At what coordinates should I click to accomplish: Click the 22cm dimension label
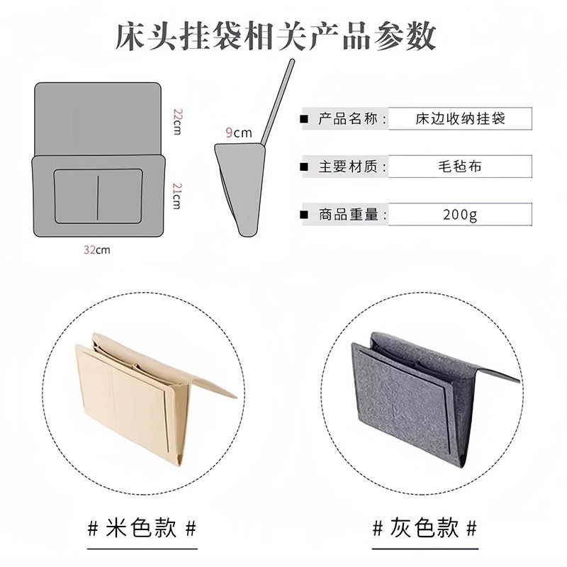click(176, 121)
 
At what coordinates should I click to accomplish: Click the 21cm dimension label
click(176, 196)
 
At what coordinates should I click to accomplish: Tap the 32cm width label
click(96, 250)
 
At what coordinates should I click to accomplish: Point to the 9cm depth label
click(239, 133)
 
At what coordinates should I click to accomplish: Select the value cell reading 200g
click(460, 215)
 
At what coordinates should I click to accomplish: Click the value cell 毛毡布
click(460, 167)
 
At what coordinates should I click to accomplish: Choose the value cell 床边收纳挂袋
click(460, 118)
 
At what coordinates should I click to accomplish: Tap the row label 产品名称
click(348, 118)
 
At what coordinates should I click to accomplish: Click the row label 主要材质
click(348, 167)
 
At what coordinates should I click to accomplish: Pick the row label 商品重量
click(348, 215)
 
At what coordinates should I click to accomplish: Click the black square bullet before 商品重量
click(305, 215)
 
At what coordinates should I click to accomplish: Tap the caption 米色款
click(141, 528)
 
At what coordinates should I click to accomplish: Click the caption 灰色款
click(424, 528)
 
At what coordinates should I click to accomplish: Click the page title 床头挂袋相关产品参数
click(276, 36)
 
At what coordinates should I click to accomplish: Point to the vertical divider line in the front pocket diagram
click(98, 198)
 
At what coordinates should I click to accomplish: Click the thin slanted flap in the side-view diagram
click(278, 101)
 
